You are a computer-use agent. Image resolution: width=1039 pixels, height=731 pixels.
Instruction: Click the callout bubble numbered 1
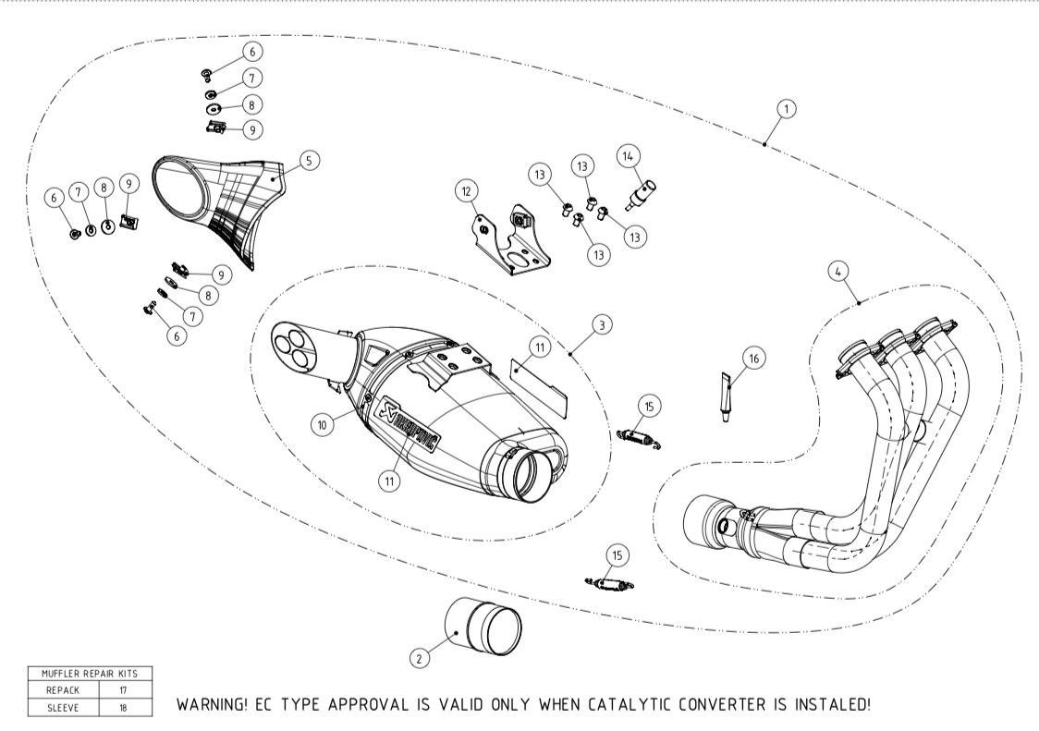tap(786, 109)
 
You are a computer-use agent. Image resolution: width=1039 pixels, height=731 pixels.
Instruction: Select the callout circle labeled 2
tap(420, 657)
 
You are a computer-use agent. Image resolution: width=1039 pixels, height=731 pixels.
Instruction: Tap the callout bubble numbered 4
tap(836, 273)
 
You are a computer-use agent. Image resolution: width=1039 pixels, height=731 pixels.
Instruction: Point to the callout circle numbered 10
tap(324, 424)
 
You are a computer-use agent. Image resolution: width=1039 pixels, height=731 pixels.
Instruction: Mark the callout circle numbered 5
tap(309, 160)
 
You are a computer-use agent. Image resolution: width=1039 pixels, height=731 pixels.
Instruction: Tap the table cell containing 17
tap(123, 689)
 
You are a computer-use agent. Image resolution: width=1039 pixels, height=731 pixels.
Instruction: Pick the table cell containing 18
tap(123, 707)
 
